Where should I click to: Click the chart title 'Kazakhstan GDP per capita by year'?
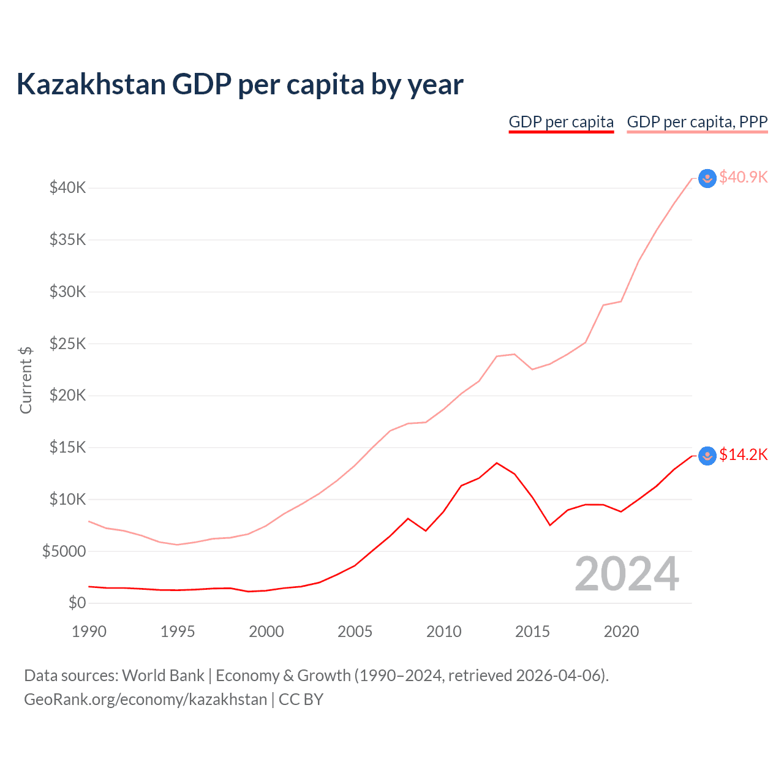point(239,85)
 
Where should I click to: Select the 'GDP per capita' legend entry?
point(561,122)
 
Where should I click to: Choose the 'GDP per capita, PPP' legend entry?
point(697,122)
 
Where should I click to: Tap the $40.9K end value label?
point(743,177)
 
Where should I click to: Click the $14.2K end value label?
point(743,454)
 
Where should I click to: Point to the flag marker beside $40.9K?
point(707,178)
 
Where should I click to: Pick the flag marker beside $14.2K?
point(707,456)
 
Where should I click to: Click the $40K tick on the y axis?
point(67,187)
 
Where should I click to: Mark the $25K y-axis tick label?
point(67,344)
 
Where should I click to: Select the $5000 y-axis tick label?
point(64,551)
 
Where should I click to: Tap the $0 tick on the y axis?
point(77,603)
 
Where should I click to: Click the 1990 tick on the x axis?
point(89,631)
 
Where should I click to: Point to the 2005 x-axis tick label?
point(355,631)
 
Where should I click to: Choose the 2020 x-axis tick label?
point(621,631)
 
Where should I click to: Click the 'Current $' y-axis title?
point(26,380)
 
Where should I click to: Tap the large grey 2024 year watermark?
point(627,575)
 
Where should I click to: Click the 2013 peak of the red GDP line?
point(497,463)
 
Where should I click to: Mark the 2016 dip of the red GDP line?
point(550,525)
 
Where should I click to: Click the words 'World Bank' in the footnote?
point(163,676)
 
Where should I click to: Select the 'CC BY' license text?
point(301,699)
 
